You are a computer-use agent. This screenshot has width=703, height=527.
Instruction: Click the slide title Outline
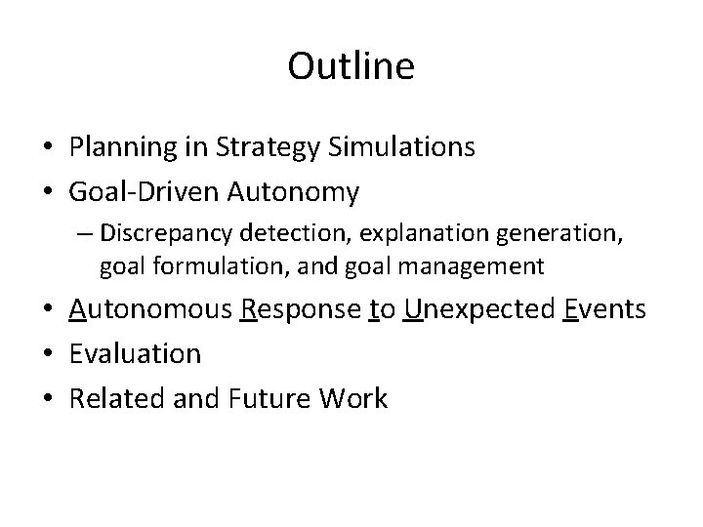click(x=351, y=67)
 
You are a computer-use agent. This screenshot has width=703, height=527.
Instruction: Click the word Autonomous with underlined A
click(x=149, y=310)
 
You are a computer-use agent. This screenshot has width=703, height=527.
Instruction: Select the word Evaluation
click(x=135, y=353)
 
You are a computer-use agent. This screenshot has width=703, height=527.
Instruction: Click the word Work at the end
click(x=358, y=398)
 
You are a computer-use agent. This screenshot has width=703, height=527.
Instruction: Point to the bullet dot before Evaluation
click(x=48, y=354)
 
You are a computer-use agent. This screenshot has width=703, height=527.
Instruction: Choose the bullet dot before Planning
click(x=48, y=148)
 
